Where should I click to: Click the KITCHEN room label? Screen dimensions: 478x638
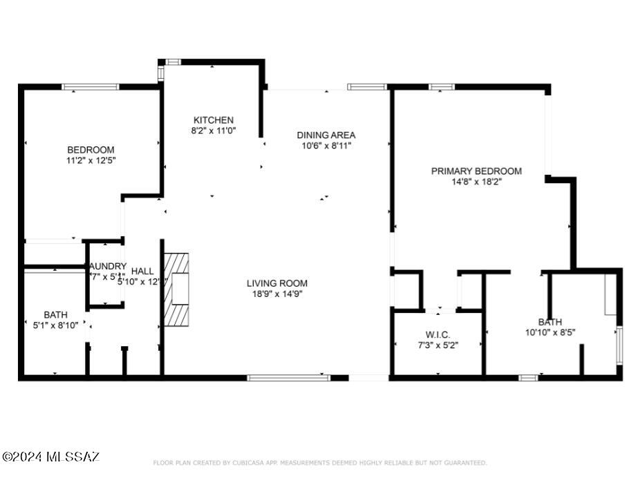[x=213, y=120]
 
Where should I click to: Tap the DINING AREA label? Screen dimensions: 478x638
[x=326, y=135]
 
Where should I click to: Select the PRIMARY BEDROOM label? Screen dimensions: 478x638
[x=476, y=171]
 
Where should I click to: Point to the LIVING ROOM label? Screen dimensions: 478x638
[x=277, y=283]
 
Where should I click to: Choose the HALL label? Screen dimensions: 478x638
[x=142, y=271]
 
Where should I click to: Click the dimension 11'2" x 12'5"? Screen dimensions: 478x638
[x=91, y=161]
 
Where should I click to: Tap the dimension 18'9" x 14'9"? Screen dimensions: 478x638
[x=277, y=294]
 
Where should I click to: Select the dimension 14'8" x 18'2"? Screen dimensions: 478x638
[x=476, y=182]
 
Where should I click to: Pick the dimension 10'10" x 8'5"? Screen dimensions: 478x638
[x=550, y=332]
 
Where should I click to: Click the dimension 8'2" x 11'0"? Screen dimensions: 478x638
[x=213, y=131]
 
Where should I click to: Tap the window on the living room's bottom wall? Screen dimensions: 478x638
[x=288, y=378]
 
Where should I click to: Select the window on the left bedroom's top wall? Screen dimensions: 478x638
[x=91, y=87]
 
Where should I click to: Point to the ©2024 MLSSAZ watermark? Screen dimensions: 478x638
[x=51, y=457]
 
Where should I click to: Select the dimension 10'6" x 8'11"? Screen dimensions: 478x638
[x=326, y=146]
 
